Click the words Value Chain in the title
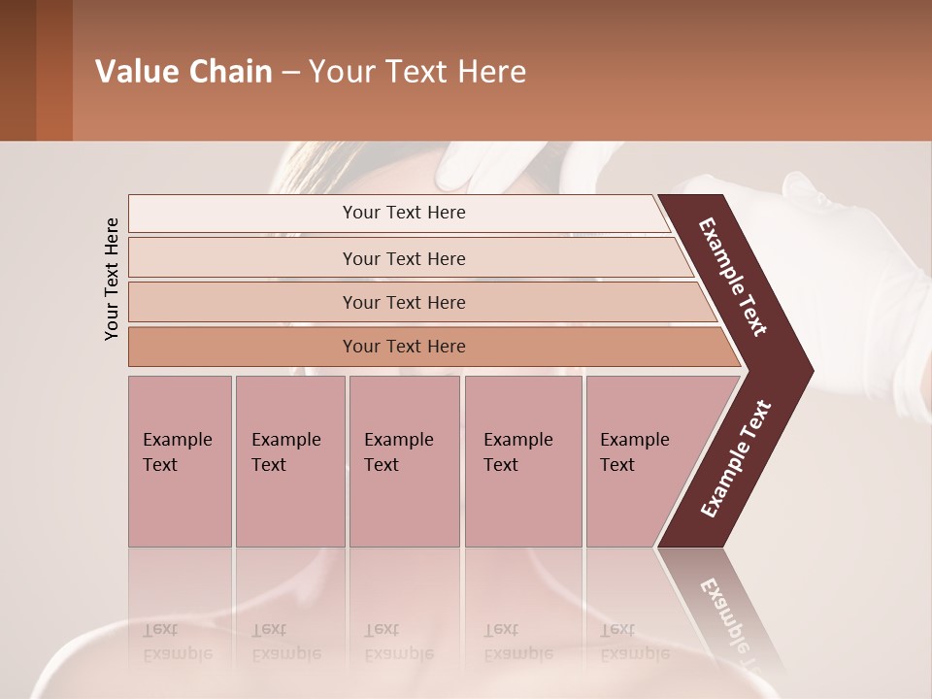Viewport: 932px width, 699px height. pos(183,72)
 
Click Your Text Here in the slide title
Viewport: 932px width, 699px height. pos(417,72)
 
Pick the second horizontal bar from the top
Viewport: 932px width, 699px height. pos(403,258)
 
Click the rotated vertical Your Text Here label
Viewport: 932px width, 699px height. pos(112,279)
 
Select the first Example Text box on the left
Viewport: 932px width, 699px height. pos(180,461)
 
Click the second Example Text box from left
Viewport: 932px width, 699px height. pos(289,461)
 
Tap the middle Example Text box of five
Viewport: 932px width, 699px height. pos(404,461)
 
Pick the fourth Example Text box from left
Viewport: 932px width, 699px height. pos(522,461)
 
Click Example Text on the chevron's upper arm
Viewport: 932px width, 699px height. pos(733,277)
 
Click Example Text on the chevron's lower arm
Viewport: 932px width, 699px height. pos(735,458)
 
